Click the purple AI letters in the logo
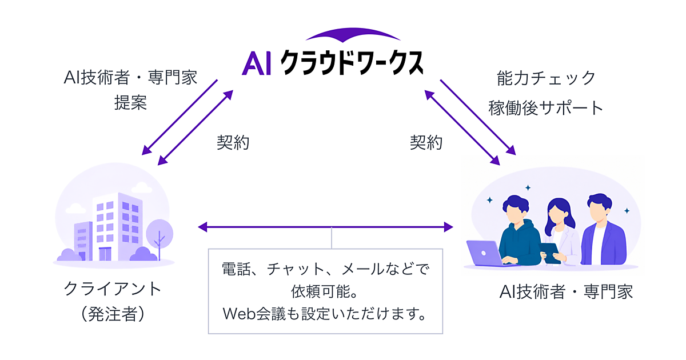click(x=257, y=63)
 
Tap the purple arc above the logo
click(x=353, y=33)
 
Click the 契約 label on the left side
click(x=233, y=142)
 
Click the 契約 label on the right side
click(x=426, y=142)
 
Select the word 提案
click(x=131, y=102)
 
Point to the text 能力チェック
click(x=546, y=78)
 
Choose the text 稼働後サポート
click(x=546, y=108)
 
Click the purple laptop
click(x=485, y=253)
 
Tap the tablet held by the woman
click(x=550, y=253)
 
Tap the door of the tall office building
click(x=105, y=254)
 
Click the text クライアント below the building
click(x=113, y=289)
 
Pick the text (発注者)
click(x=113, y=314)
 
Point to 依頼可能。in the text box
click(x=325, y=291)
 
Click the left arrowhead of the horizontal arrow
click(x=203, y=227)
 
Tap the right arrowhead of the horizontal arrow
click(x=449, y=227)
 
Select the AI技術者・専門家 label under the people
click(x=566, y=291)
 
